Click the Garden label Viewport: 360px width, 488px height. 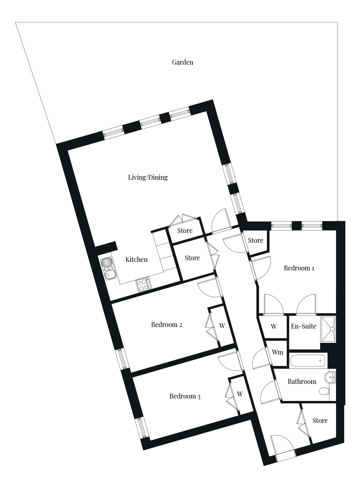click(x=182, y=62)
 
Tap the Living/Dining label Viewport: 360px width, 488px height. click(x=148, y=177)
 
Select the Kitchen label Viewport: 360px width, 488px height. click(x=136, y=259)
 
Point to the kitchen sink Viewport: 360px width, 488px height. click(x=107, y=269)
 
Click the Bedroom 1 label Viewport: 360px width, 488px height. click(x=299, y=268)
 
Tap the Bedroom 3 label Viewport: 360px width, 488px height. click(x=185, y=396)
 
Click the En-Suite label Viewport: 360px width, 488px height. click(x=303, y=326)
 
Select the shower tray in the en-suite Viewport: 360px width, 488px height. click(x=328, y=329)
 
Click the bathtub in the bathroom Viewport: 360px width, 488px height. click(x=308, y=361)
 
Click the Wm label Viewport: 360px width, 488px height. click(x=277, y=352)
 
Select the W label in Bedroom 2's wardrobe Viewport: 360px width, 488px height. click(x=222, y=326)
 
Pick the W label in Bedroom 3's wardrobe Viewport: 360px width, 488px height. click(x=240, y=394)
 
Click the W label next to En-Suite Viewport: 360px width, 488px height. click(x=274, y=326)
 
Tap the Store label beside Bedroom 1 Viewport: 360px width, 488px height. click(x=255, y=240)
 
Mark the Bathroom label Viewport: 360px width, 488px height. click(x=302, y=381)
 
